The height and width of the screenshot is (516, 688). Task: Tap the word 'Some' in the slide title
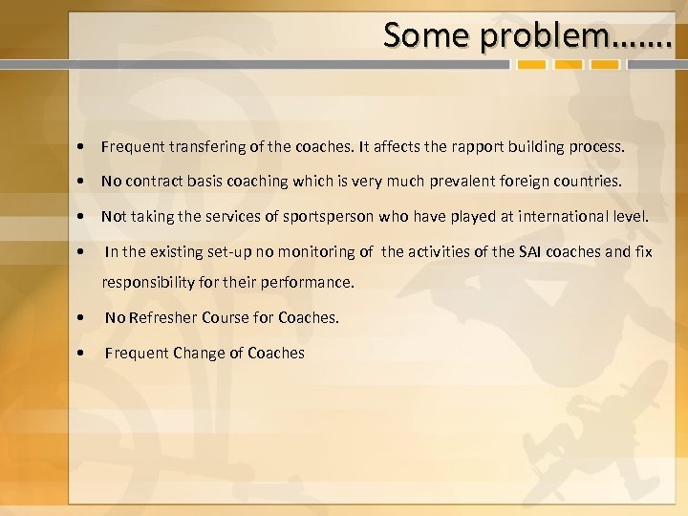(x=428, y=35)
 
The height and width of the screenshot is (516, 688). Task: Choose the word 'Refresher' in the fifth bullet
(x=162, y=318)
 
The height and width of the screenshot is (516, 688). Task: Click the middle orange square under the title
(x=570, y=66)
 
